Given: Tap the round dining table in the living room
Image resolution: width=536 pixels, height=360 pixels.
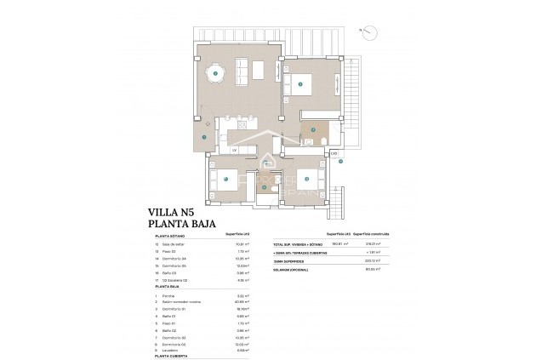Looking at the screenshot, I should click(x=216, y=74).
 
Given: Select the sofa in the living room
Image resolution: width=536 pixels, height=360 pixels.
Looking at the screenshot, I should click(x=242, y=67).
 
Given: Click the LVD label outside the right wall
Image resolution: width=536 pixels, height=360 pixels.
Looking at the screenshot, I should click(x=335, y=154).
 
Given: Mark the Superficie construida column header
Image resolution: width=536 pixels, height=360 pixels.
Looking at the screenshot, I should click(x=368, y=231).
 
